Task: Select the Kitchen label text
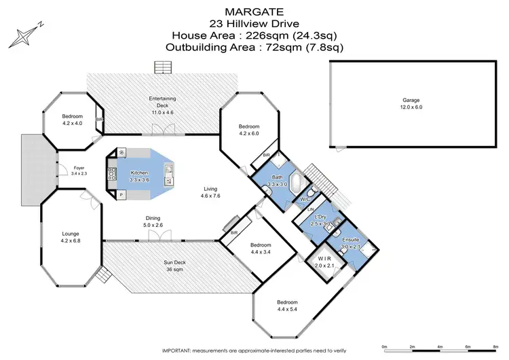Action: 140,176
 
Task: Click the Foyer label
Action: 79,170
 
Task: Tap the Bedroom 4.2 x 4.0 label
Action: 73,120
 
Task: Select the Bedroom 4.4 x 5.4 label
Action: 287,305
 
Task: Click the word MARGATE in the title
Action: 254,11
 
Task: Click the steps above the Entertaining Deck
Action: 164,67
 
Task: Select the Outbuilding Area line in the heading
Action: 254,47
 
